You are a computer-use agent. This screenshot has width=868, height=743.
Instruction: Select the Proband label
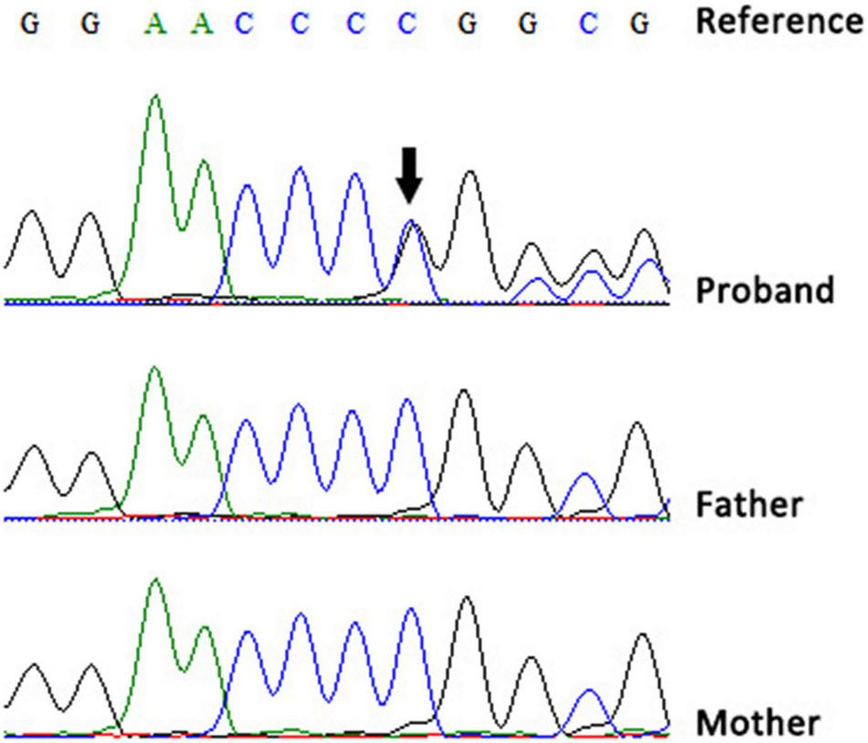click(x=765, y=290)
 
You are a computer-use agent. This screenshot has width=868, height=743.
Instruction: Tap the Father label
click(x=749, y=503)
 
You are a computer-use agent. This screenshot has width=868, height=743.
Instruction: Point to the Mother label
click(x=757, y=722)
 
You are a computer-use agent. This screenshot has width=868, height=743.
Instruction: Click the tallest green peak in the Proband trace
click(x=155, y=96)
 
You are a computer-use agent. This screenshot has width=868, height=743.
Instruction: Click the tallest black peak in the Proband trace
click(x=470, y=173)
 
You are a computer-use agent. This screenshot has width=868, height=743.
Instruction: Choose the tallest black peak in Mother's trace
click(x=467, y=599)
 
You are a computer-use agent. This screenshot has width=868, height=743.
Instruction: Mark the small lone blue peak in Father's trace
click(x=585, y=476)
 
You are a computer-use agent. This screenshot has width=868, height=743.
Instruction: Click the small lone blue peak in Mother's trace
click(x=589, y=692)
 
